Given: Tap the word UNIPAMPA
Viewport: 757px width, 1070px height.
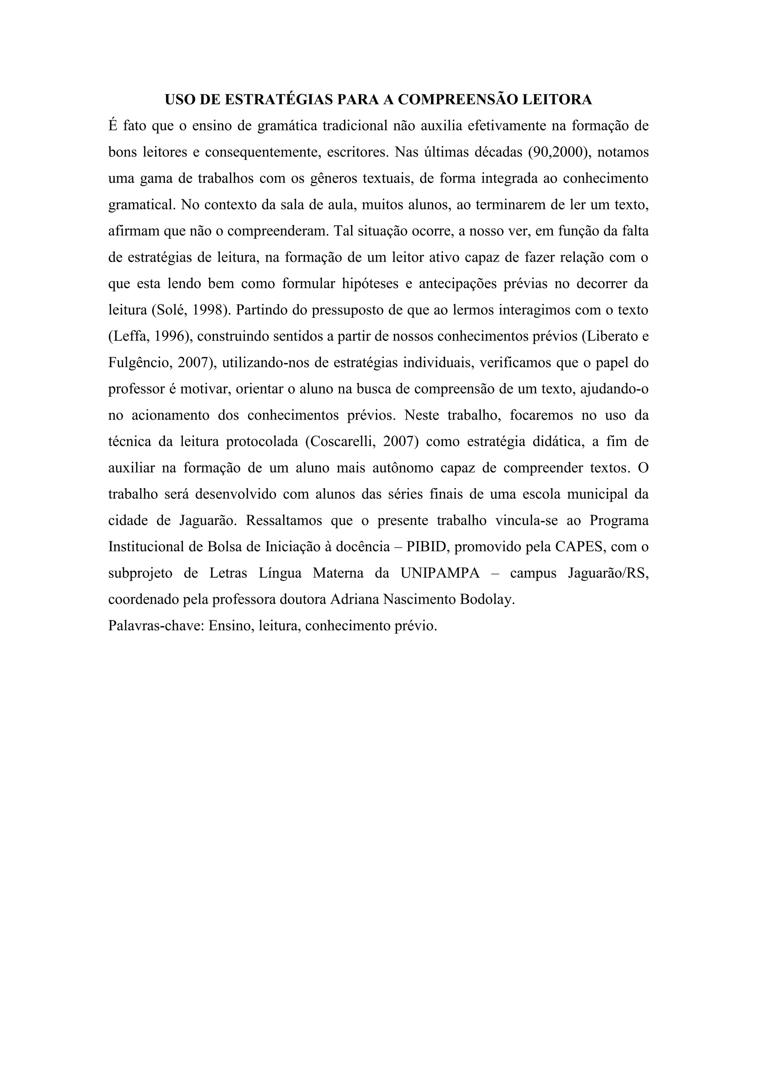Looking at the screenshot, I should click(x=439, y=573).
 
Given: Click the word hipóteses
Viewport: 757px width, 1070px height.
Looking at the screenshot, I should click(x=371, y=284).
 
